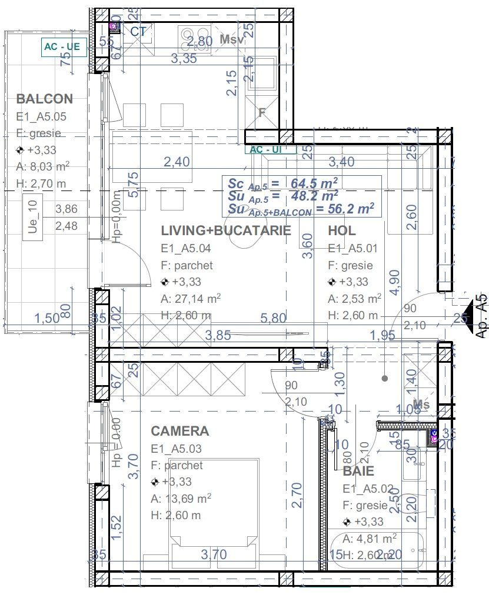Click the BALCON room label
coord(45,99)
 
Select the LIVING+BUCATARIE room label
coord(226,230)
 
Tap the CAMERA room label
coord(179,431)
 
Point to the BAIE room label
coord(358,472)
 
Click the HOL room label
coord(342,230)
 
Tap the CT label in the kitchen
coord(138,32)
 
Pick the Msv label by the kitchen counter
coord(232,39)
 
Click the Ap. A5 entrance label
coord(481,316)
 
